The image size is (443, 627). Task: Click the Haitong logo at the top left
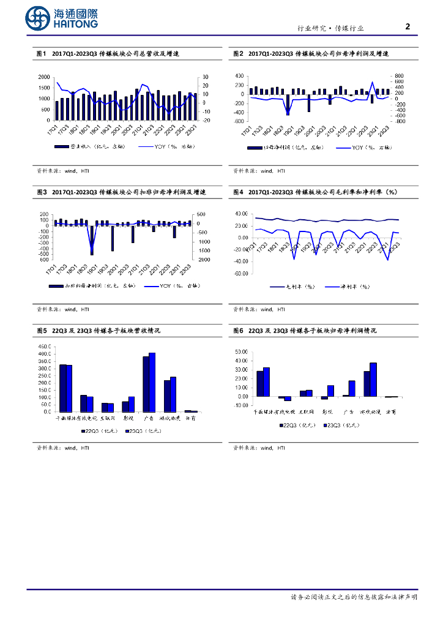pos(61,18)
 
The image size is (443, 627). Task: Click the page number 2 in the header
pos(408,26)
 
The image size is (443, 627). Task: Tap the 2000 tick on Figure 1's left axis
pos(44,77)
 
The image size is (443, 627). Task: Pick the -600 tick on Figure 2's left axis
pos(239,121)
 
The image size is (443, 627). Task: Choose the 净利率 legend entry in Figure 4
pos(347,287)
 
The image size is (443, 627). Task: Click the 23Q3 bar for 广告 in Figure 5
pos(152,382)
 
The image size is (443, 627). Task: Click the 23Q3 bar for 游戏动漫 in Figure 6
pos(373,380)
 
